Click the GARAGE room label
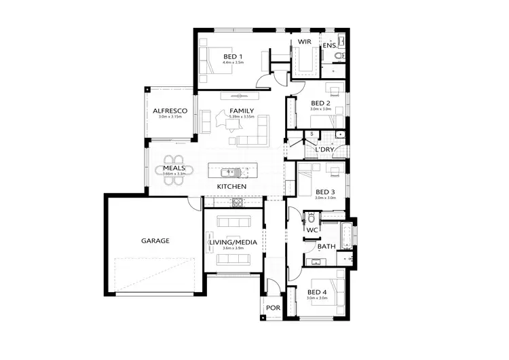(x=155, y=240)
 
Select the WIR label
(x=304, y=42)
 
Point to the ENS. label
(x=329, y=46)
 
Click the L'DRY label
(x=325, y=149)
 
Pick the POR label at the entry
(x=273, y=308)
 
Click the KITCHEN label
(x=231, y=186)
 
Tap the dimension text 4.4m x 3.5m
(x=233, y=62)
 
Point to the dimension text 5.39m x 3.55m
(x=242, y=117)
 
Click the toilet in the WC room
(x=311, y=219)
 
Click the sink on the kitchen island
(x=232, y=170)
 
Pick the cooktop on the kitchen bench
(x=238, y=202)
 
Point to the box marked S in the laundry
(x=312, y=134)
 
